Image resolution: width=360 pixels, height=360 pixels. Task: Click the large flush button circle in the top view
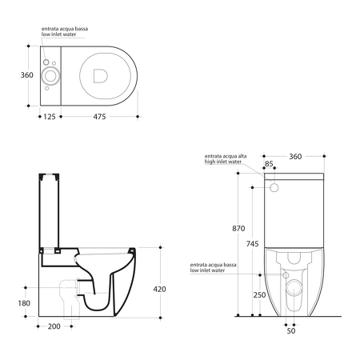coord(53,75)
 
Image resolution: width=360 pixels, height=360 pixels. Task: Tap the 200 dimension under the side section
coord(54,327)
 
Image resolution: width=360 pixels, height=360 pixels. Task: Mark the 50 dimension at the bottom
coord(291,330)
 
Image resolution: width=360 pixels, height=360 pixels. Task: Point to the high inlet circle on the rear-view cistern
coord(277,187)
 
